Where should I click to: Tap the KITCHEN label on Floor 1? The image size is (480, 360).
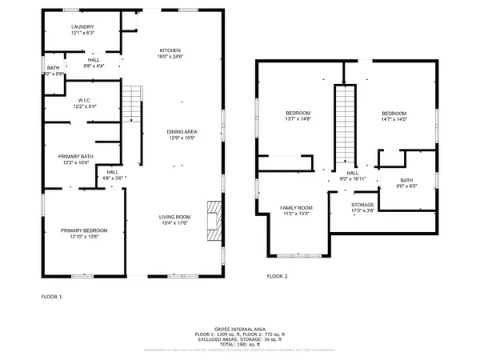click(x=170, y=50)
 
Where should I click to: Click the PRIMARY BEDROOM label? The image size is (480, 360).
click(x=84, y=230)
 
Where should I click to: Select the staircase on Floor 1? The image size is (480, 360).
click(x=132, y=104)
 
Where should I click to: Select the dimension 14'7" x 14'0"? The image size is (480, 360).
click(x=394, y=119)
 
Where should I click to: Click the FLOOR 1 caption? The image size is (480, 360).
click(x=52, y=296)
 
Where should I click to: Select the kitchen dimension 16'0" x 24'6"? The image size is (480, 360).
click(x=170, y=56)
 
